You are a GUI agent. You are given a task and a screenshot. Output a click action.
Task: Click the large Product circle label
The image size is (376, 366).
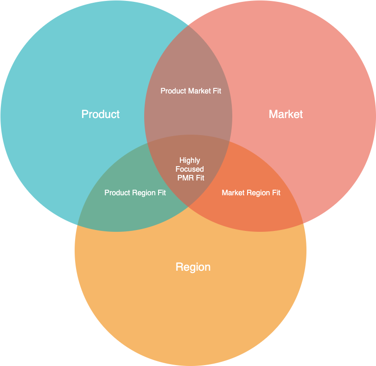[101, 114]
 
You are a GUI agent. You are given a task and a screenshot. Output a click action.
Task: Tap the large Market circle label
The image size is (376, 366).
[286, 114]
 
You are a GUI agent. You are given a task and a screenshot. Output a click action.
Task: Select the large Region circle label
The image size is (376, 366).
[193, 267]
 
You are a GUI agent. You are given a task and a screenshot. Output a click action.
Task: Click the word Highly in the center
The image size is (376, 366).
[190, 161]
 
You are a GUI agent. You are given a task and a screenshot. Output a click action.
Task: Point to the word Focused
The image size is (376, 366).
[190, 169]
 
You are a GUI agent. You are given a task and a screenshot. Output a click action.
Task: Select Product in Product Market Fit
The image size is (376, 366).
[173, 91]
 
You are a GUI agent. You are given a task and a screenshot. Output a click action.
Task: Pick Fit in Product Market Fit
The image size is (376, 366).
[217, 91]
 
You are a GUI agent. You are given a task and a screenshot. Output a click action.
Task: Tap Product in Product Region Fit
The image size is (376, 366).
[117, 192]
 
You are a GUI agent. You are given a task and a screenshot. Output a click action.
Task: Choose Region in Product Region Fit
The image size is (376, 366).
[144, 193]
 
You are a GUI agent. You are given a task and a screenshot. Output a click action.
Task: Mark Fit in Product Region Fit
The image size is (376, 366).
[162, 192]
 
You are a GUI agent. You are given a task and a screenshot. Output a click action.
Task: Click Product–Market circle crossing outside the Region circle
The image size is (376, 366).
[188, 25]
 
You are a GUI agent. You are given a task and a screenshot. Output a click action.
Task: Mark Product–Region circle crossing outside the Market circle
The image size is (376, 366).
[77, 225]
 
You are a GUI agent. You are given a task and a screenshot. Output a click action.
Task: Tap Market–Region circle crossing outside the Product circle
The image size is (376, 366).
[303, 223]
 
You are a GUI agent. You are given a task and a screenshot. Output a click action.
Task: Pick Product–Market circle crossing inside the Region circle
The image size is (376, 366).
[188, 206]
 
